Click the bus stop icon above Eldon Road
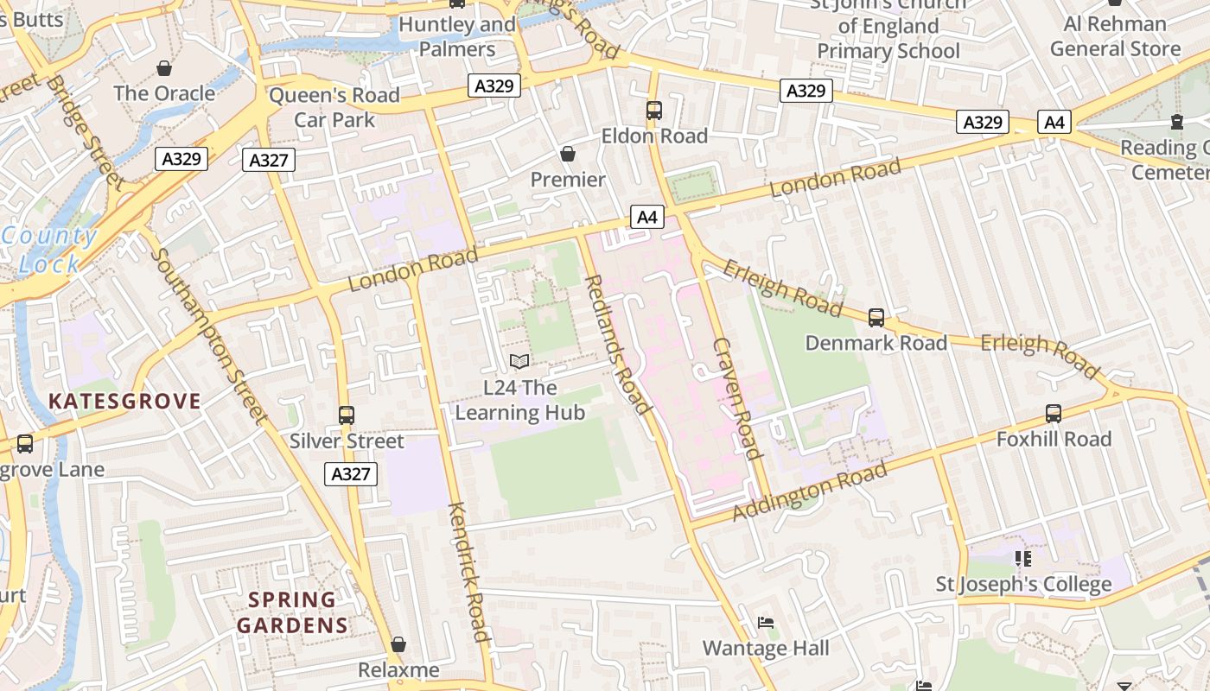point(654,111)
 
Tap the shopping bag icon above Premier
point(568,154)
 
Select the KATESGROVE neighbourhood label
point(124,401)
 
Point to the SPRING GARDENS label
point(292,612)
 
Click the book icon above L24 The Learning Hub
point(519,361)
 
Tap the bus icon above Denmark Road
point(876,318)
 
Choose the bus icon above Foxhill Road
point(1054,414)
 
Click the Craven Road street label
point(737,398)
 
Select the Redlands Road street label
point(617,344)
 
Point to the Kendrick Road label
point(469,572)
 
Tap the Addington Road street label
point(810,491)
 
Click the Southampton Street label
point(208,336)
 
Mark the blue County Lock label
point(49,250)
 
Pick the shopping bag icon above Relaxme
point(398,644)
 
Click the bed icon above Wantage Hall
point(766,623)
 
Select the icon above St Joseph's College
point(1023,559)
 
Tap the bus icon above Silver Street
point(347,415)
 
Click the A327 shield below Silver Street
point(351,473)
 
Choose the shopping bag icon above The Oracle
point(164,67)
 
